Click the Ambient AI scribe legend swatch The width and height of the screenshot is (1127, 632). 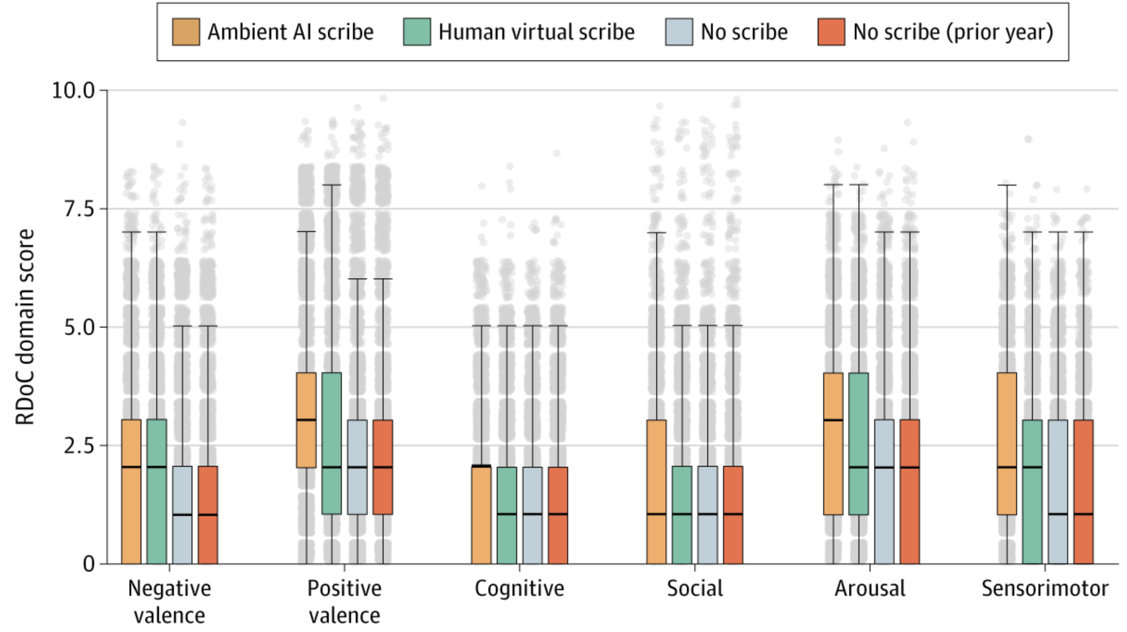186,32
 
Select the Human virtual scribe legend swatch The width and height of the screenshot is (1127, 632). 416,32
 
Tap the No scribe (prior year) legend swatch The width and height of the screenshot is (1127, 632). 831,32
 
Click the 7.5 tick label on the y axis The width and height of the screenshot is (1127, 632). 79,209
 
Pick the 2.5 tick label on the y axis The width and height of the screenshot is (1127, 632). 79,445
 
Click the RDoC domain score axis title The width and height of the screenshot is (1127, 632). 25,327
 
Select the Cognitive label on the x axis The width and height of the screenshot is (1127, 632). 519,588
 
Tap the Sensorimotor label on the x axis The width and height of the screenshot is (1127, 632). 1045,588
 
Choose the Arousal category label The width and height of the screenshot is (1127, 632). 870,588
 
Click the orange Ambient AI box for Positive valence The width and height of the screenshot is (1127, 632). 306,420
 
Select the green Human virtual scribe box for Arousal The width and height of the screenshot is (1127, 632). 858,443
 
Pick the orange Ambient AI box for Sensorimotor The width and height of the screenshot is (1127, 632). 1006,443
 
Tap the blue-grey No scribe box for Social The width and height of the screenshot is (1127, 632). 707,515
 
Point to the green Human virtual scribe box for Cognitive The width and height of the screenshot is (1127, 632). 506,515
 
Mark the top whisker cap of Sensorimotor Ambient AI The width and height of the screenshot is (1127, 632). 1007,185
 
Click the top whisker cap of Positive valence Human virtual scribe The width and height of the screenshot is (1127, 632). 332,185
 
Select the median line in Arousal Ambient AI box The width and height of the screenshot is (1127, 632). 833,420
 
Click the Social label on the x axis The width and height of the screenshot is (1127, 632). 695,588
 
